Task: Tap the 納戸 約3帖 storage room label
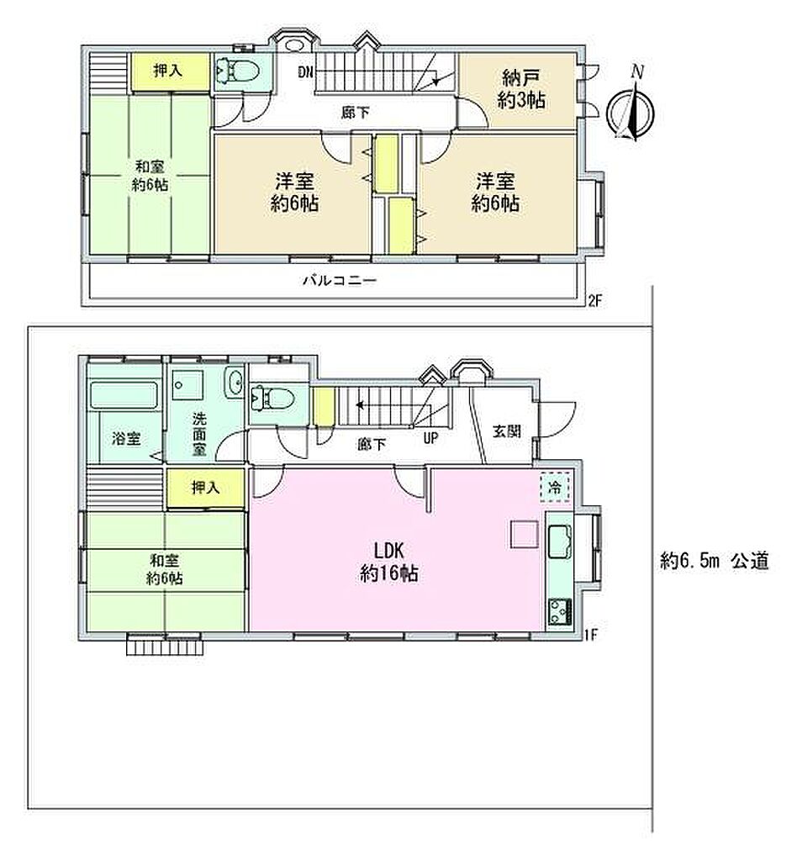(521, 89)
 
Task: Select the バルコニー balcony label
(340, 281)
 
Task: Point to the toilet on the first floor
(272, 398)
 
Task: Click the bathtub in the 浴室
(124, 395)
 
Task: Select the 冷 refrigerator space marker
(555, 486)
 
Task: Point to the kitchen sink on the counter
(559, 542)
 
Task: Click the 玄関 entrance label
(507, 431)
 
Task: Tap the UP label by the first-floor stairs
(431, 437)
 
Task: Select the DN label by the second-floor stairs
(306, 71)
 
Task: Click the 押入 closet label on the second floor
(168, 71)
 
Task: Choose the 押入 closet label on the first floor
(205, 487)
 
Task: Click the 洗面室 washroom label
(199, 434)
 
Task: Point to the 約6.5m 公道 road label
(715, 561)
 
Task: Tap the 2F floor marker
(594, 301)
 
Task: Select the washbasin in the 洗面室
(235, 382)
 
